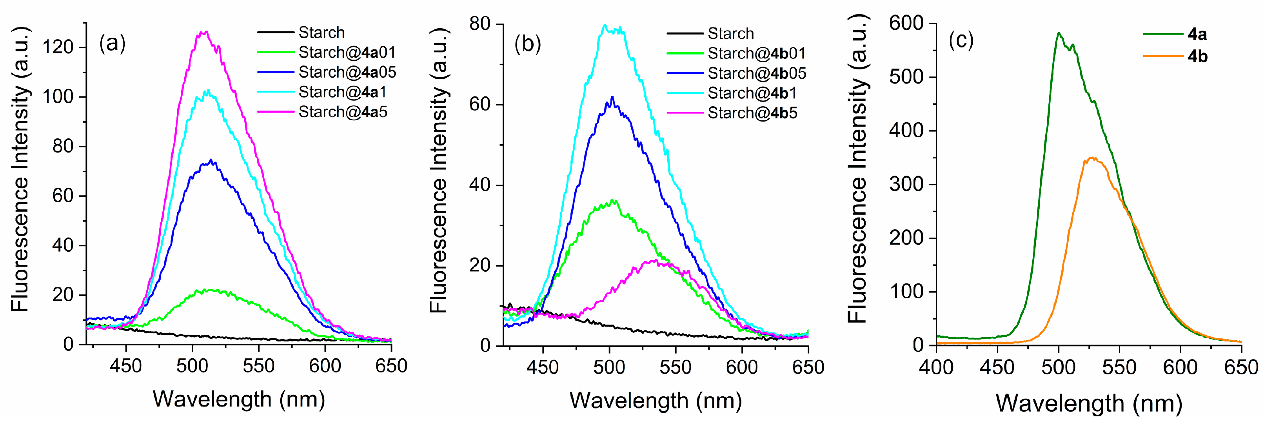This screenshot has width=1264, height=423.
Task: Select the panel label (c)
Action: click(961, 40)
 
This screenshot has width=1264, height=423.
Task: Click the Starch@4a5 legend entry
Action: click(343, 112)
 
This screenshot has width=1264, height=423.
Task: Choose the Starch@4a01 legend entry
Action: click(347, 52)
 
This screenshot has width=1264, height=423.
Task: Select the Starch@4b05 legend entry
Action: click(756, 73)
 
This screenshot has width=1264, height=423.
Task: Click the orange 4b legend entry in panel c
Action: click(1197, 56)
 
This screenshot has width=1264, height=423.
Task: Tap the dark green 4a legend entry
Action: click(1197, 34)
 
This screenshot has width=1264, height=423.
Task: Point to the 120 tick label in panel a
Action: click(58, 47)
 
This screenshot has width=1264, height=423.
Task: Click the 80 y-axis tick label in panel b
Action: click(480, 24)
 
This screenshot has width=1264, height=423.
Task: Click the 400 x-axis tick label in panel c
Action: click(936, 367)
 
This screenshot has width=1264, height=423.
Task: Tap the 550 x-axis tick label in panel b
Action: click(676, 367)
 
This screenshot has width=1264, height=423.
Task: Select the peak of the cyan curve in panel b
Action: click(605, 25)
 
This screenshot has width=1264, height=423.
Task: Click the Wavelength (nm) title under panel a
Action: click(239, 399)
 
